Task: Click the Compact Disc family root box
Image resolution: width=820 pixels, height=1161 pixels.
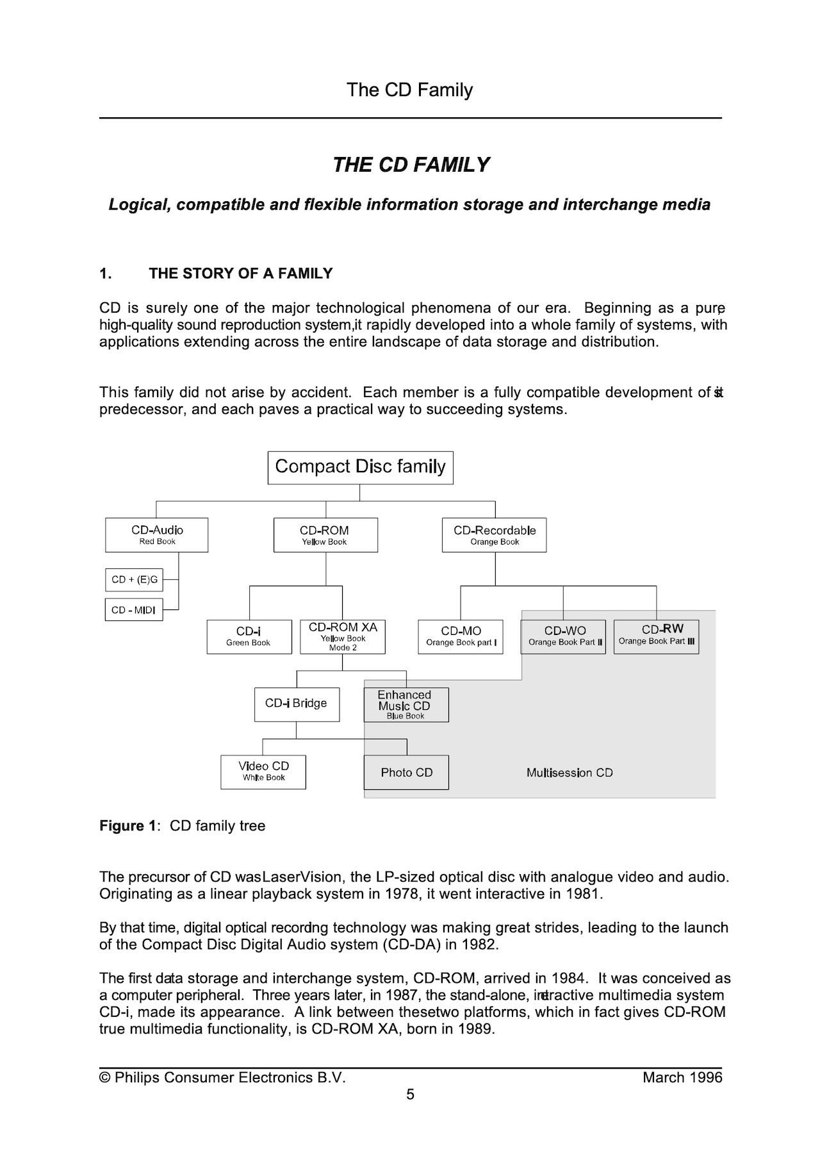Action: click(x=360, y=467)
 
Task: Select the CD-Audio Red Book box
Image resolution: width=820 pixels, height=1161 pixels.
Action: click(x=156, y=535)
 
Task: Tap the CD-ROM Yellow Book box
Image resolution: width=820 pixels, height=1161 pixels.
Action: click(x=325, y=535)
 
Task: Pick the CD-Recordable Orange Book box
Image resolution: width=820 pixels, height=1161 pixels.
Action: click(x=494, y=535)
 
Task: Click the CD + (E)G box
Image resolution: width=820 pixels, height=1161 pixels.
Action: click(x=134, y=580)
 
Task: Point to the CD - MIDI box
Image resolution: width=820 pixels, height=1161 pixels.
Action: click(x=134, y=610)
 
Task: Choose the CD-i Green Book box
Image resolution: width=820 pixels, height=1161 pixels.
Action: click(x=249, y=636)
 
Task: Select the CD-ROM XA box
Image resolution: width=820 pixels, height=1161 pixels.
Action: click(x=343, y=636)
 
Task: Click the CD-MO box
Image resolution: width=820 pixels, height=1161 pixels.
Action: click(x=461, y=636)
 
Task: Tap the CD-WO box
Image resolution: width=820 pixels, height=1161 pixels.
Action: click(x=564, y=636)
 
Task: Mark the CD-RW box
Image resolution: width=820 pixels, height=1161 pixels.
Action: click(x=656, y=636)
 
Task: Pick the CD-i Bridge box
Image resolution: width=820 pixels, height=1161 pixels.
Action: click(x=297, y=704)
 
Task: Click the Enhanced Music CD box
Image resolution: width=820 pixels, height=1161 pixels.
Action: click(x=406, y=705)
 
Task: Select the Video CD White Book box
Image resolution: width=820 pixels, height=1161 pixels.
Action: click(x=263, y=771)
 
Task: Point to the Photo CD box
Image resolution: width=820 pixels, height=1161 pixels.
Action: click(x=406, y=772)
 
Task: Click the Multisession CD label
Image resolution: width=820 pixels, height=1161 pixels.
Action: click(x=570, y=773)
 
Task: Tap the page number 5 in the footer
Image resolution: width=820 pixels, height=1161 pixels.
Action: click(x=410, y=1094)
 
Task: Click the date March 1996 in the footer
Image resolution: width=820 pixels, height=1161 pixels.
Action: click(x=682, y=1078)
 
